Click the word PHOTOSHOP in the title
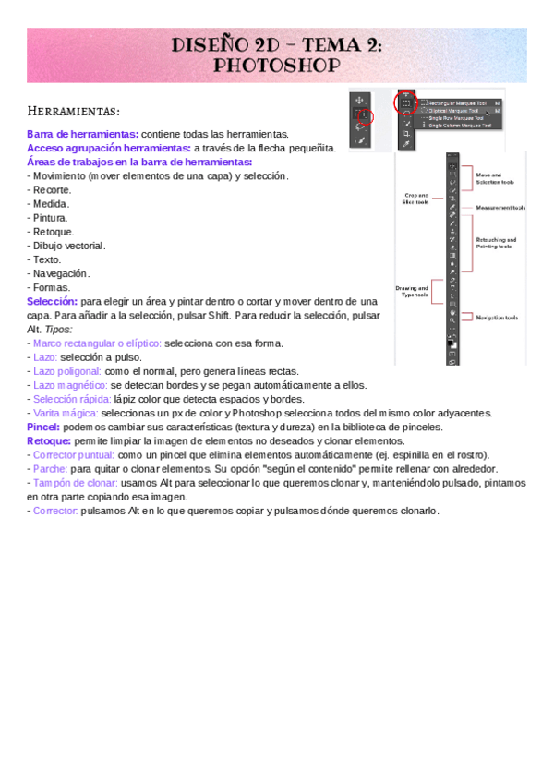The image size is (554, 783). (276, 65)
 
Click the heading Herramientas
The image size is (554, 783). (73, 112)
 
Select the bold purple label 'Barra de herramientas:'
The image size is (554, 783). (83, 134)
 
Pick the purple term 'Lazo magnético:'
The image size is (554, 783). (70, 385)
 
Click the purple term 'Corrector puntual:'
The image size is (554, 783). (76, 455)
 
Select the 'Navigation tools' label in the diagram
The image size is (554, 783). (497, 318)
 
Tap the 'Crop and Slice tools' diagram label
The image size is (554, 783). (416, 199)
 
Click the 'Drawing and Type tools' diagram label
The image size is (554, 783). (415, 292)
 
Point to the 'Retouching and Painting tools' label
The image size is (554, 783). (496, 243)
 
